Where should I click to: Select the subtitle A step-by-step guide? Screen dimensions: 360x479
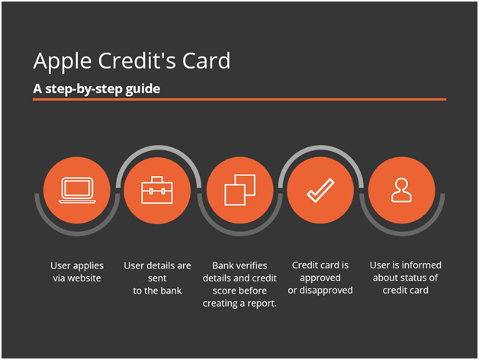96,88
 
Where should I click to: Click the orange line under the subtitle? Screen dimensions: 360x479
239,99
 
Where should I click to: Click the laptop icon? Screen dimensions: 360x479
76,190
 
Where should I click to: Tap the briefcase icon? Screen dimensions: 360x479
157,190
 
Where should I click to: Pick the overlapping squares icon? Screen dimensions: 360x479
239,190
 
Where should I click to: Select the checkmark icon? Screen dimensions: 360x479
320,190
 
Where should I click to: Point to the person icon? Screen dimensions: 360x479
401,190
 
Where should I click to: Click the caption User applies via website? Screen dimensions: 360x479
77,272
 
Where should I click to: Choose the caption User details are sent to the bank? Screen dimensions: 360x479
157,278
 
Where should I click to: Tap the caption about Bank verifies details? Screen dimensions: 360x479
239,284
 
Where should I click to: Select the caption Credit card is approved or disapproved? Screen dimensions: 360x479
320,278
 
